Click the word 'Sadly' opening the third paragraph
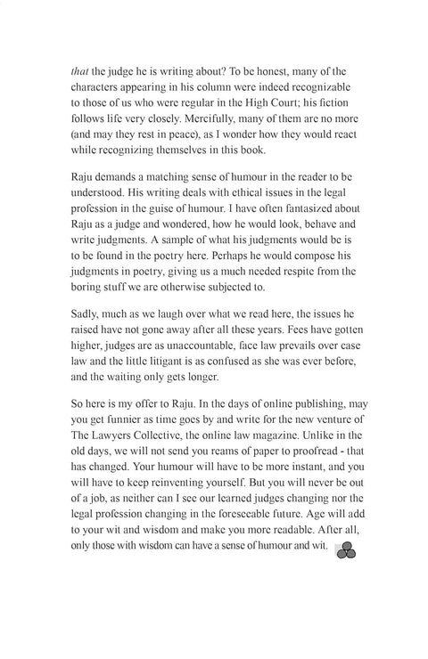[x=86, y=336]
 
